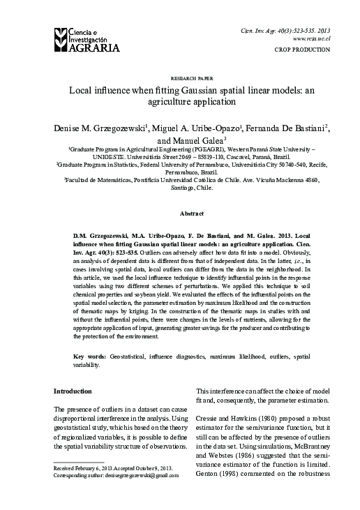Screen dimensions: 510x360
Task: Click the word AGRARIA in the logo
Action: (89, 47)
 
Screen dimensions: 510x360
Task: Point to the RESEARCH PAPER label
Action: (180, 80)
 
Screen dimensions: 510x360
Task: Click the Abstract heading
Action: (180, 212)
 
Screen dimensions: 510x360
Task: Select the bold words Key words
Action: (89, 357)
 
